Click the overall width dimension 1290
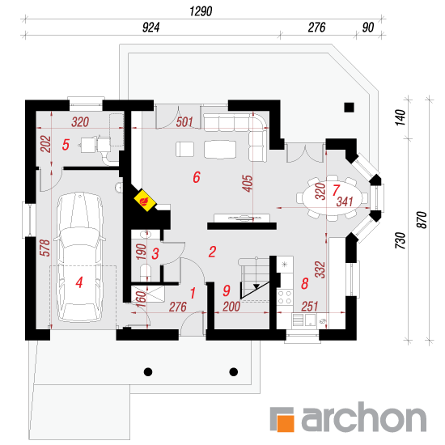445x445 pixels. click(x=201, y=11)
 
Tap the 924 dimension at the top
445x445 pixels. click(x=150, y=28)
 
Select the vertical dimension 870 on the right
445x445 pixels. click(x=422, y=219)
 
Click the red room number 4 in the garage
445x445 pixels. click(x=79, y=282)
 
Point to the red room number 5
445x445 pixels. click(x=66, y=145)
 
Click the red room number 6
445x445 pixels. click(x=197, y=177)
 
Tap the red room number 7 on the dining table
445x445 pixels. click(x=336, y=190)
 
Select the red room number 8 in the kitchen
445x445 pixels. click(x=305, y=283)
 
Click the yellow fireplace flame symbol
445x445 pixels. click(x=145, y=200)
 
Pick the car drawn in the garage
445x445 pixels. click(x=80, y=257)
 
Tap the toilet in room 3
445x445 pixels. click(x=146, y=272)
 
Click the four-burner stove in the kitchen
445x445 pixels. click(x=285, y=297)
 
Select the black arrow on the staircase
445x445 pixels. click(x=256, y=286)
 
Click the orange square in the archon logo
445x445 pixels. click(x=286, y=423)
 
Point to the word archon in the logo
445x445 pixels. click(x=364, y=417)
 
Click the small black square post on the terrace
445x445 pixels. click(x=349, y=108)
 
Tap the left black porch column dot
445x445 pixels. click(x=148, y=371)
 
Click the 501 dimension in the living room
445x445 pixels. click(x=184, y=122)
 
